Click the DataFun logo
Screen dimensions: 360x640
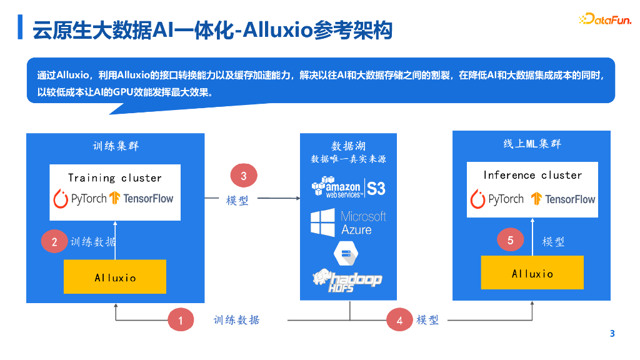click(x=604, y=19)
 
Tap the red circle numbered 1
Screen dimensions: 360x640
click(x=181, y=321)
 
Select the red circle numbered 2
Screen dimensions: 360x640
click(x=54, y=242)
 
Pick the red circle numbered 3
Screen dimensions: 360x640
click(x=244, y=176)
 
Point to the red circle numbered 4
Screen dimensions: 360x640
click(x=399, y=321)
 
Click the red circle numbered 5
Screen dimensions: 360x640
click(x=510, y=241)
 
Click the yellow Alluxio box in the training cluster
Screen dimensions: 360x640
click(x=115, y=277)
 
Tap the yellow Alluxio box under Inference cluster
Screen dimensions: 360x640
click(x=532, y=273)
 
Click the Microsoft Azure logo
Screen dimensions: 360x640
click(x=348, y=222)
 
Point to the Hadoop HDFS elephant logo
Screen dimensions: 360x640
click(x=347, y=280)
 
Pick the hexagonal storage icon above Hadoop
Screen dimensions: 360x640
click(x=344, y=253)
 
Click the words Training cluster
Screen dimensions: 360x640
click(x=115, y=177)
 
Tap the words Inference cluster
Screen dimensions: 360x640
click(x=532, y=175)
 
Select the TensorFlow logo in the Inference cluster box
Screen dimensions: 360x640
click(x=563, y=199)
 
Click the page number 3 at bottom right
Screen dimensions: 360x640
click(x=612, y=334)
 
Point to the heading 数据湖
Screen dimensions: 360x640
click(x=348, y=146)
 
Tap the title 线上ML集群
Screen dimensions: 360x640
click(x=532, y=144)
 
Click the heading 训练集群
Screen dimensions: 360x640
click(x=116, y=146)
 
